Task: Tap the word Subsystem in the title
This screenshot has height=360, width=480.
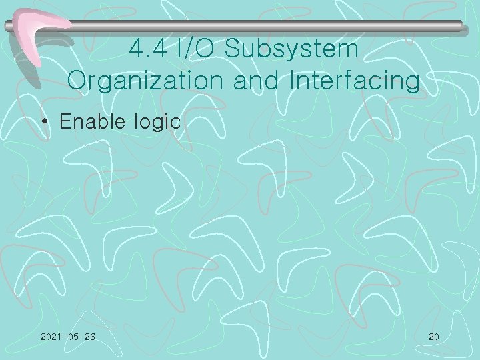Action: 293,49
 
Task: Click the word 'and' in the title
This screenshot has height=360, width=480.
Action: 262,81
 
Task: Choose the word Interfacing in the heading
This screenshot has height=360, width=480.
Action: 355,81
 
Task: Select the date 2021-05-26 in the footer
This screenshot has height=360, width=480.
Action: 67,337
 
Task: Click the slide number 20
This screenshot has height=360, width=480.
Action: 433,337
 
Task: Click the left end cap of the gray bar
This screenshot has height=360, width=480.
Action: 8,27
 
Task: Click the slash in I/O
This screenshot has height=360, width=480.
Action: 196,49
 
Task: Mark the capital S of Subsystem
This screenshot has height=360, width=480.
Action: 234,49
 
